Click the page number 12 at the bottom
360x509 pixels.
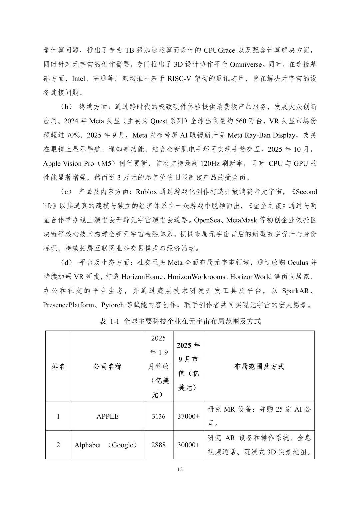click(x=180, y=469)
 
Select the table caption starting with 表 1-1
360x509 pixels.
click(x=180, y=321)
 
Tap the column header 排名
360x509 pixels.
click(x=58, y=366)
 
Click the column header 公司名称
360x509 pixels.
click(x=107, y=366)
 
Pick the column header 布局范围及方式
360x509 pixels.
click(x=259, y=366)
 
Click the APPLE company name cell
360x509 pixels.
click(x=107, y=416)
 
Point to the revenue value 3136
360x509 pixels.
click(x=158, y=416)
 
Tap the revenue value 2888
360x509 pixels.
click(x=158, y=445)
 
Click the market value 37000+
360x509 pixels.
click(x=189, y=416)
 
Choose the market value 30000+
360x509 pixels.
click(x=189, y=445)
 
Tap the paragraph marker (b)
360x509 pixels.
click(x=66, y=107)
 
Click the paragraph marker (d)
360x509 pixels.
click(x=66, y=262)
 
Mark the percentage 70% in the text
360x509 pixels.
click(x=73, y=135)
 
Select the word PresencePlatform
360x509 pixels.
click(x=69, y=305)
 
